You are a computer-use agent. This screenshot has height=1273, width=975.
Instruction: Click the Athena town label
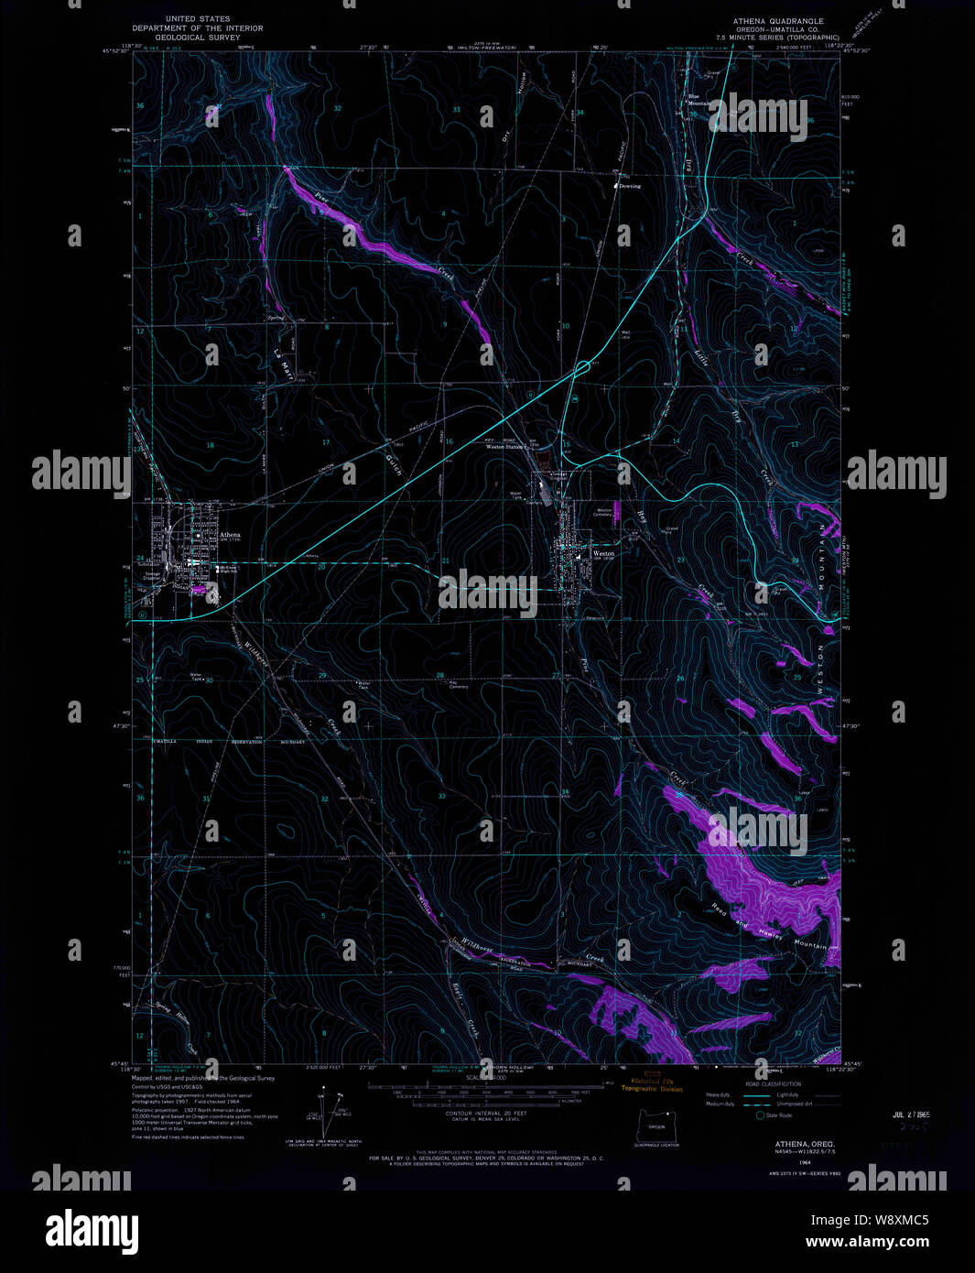(229, 535)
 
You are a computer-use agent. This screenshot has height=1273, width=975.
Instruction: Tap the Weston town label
(603, 553)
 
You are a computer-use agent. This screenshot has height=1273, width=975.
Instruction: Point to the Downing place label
(630, 186)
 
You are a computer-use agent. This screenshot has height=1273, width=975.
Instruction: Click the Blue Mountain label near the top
(699, 100)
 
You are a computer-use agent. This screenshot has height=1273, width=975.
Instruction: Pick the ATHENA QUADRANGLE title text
(777, 21)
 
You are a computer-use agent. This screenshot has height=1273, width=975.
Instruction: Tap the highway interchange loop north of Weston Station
(582, 368)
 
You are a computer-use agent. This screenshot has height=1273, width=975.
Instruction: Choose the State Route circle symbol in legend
(760, 1115)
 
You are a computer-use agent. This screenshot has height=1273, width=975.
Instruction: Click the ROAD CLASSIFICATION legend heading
(773, 1083)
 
